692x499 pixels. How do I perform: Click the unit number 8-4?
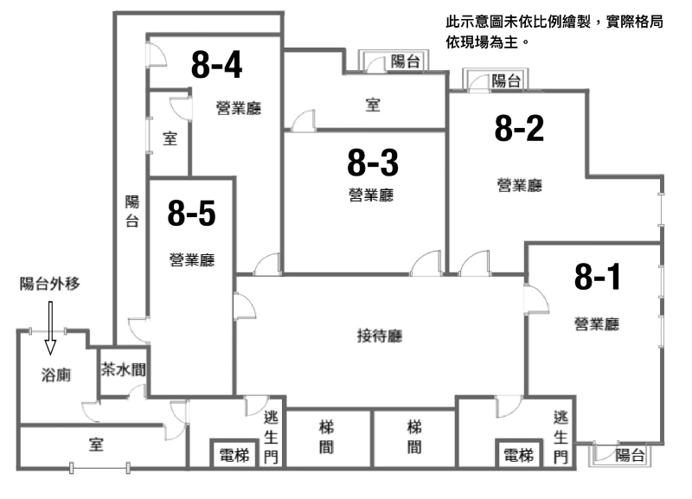point(217,64)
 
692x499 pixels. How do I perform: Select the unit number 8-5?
point(191,213)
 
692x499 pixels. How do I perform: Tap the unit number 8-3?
point(373,163)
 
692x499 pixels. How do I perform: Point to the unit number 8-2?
point(520,128)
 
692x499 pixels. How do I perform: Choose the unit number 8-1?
point(597,277)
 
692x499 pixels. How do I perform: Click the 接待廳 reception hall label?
point(380,336)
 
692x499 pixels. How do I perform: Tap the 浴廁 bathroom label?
point(56,375)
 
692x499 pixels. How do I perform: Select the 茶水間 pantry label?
point(123,369)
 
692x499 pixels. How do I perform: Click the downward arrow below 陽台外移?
point(50,328)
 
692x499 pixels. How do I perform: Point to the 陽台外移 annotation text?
point(50,284)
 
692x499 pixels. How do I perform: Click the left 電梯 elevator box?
point(234,453)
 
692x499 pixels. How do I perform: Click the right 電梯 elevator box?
point(519,453)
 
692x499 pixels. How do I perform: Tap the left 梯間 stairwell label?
point(327,438)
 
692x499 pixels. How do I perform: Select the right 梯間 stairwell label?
point(414,438)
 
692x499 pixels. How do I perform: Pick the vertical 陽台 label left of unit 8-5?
point(132,211)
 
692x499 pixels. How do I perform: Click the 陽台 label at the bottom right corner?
point(630,455)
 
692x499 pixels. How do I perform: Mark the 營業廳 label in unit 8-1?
point(597,323)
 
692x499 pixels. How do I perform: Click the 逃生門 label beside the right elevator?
point(561,437)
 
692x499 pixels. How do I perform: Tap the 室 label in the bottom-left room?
point(96,445)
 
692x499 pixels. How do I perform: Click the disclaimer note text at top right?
point(554,31)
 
